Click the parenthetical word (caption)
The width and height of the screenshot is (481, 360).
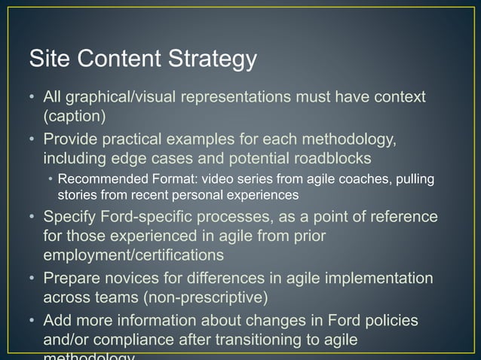(74, 116)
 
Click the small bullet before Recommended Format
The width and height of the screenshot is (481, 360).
(51, 180)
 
